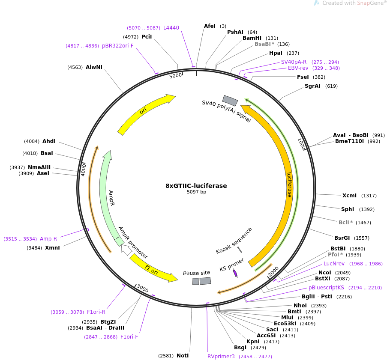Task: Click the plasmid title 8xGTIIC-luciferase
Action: (x=196, y=186)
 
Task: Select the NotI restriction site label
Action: (x=183, y=356)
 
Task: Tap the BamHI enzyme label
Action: (x=252, y=38)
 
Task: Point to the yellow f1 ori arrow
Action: (x=153, y=269)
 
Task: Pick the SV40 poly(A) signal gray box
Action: (x=230, y=101)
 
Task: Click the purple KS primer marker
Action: (x=235, y=274)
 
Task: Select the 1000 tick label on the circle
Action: (x=302, y=144)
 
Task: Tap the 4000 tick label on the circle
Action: (x=84, y=170)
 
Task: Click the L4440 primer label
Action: (x=171, y=28)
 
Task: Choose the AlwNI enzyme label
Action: (x=94, y=67)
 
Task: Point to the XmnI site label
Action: (x=52, y=248)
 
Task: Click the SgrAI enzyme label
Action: (x=312, y=86)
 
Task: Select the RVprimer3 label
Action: (x=221, y=357)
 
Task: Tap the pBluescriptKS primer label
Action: (x=326, y=288)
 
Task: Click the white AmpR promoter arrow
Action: (x=126, y=250)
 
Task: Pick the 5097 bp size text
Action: (x=196, y=192)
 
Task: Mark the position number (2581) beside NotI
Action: (x=166, y=356)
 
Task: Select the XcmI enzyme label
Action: (x=349, y=196)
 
